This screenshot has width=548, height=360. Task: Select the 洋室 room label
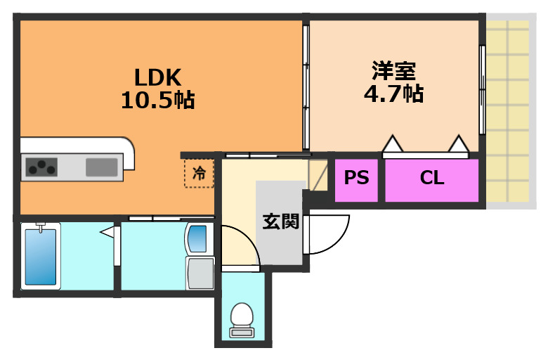pos(393,71)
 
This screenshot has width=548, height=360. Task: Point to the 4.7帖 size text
pos(393,93)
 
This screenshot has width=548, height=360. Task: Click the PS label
pos(356,178)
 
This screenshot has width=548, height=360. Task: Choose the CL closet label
pos(432,178)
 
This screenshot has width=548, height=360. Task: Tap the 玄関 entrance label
pos(281,221)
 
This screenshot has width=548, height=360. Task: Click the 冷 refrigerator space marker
pos(200,173)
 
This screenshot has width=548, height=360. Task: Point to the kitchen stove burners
pos(41,167)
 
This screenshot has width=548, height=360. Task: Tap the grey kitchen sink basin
pos(102,167)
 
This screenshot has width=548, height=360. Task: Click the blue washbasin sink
pos(198,238)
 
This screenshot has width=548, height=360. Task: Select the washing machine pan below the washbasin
pos(200,273)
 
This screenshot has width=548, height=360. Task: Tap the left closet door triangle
pos(392,144)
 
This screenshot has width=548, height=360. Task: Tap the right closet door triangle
pos(459,144)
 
